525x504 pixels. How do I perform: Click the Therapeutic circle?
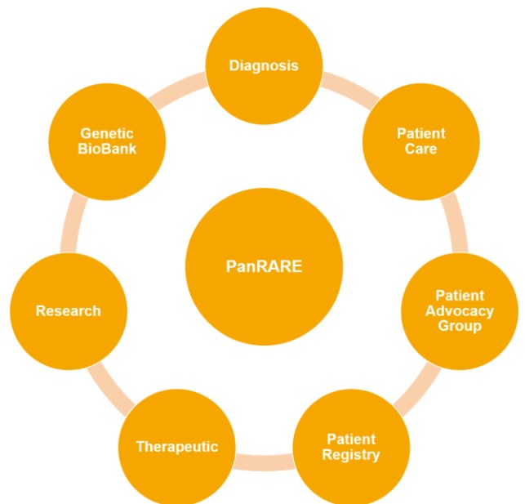[177, 447]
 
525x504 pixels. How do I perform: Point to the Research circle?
[68, 311]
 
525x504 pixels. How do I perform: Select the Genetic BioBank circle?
[107, 141]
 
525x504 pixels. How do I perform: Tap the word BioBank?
[107, 149]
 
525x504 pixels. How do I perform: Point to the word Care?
[420, 149]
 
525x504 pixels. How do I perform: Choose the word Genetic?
[107, 133]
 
